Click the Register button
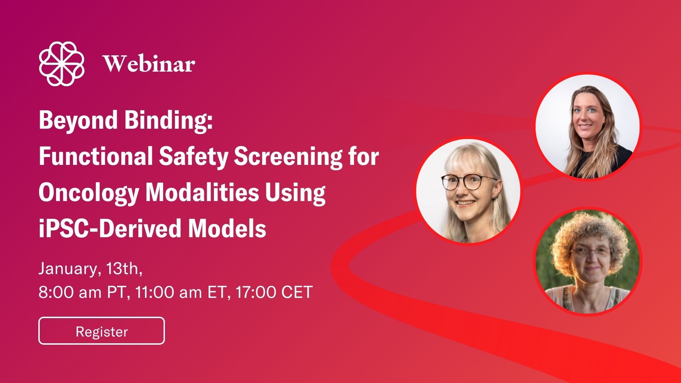(x=101, y=331)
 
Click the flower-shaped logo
(x=62, y=64)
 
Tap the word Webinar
(x=149, y=64)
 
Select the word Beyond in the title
(x=78, y=121)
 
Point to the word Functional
(x=96, y=156)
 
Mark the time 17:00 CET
(x=274, y=292)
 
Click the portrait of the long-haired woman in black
(x=587, y=126)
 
